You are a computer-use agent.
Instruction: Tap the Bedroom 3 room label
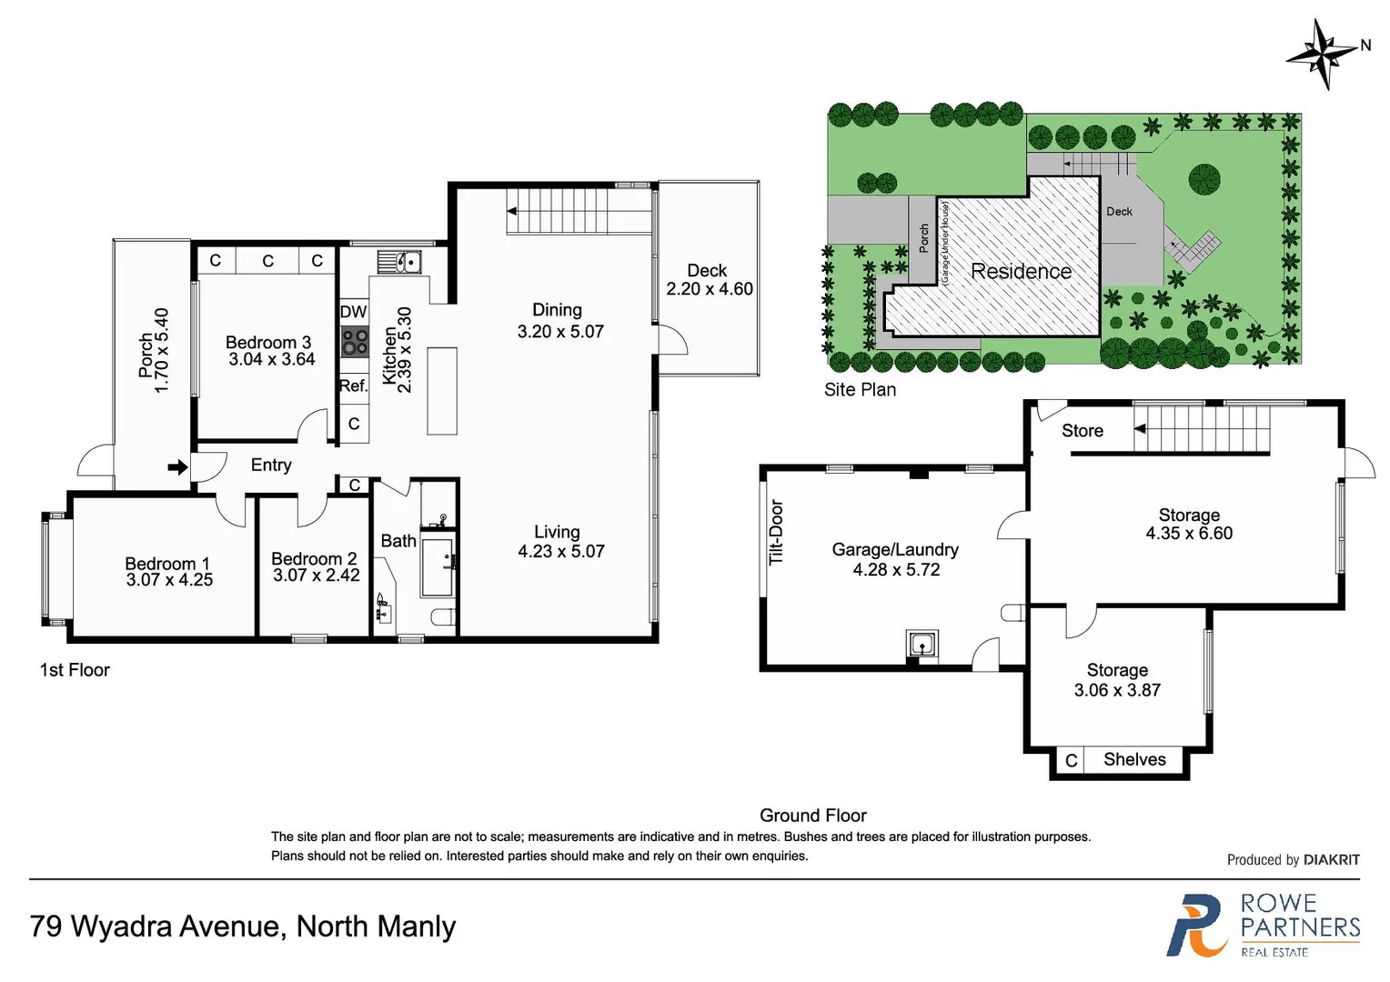pos(268,342)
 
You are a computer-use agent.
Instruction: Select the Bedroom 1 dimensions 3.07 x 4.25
pos(169,580)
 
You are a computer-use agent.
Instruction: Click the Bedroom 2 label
pos(314,558)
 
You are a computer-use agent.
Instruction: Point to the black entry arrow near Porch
pos(177,467)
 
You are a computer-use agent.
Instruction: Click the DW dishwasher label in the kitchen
pos(353,312)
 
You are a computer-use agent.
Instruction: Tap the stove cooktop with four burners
pos(354,343)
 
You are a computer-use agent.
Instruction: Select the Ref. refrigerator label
pos(353,386)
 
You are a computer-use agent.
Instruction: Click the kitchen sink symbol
pos(399,262)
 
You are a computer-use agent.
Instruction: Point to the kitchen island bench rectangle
pos(442,391)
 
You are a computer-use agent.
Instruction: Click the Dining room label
pos(557,310)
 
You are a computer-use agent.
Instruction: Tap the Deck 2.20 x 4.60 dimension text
pos(710,289)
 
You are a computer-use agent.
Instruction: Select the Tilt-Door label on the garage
pos(776,533)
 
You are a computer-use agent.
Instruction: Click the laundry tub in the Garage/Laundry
pos(922,645)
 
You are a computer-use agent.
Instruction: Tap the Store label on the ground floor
pos(1082,431)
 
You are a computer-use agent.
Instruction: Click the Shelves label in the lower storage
pos(1134,759)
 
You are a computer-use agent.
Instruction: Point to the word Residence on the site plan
pos(1021,271)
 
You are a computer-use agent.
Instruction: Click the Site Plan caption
pos(860,389)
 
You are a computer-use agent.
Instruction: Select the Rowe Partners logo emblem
pos(1196,926)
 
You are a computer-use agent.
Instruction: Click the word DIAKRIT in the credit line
pos(1331,859)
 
